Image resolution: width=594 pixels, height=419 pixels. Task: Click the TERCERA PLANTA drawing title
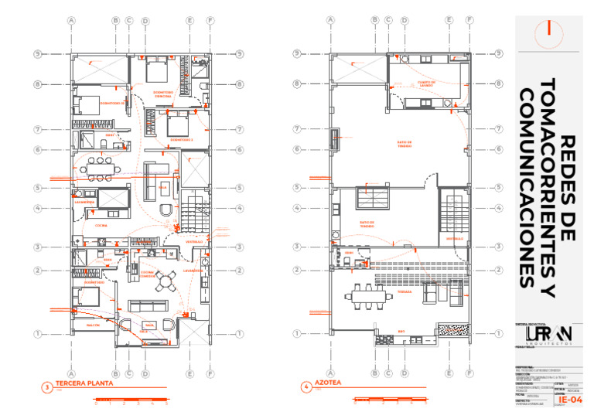click(x=84, y=383)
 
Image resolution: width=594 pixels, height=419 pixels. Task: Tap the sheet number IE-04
click(x=570, y=400)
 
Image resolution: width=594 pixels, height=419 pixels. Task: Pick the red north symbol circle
click(x=549, y=29)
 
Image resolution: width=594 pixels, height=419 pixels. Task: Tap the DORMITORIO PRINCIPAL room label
click(x=163, y=94)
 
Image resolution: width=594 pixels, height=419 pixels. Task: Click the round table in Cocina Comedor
click(x=164, y=280)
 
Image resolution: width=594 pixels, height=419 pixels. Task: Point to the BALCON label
click(x=93, y=325)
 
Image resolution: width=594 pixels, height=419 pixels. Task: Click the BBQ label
click(x=401, y=332)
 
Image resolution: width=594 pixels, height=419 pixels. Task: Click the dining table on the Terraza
click(x=364, y=292)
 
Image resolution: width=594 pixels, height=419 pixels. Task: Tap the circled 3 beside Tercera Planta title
click(x=46, y=387)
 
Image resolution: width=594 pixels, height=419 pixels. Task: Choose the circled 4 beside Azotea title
click(x=306, y=387)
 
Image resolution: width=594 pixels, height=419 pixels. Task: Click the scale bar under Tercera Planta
click(x=131, y=400)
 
